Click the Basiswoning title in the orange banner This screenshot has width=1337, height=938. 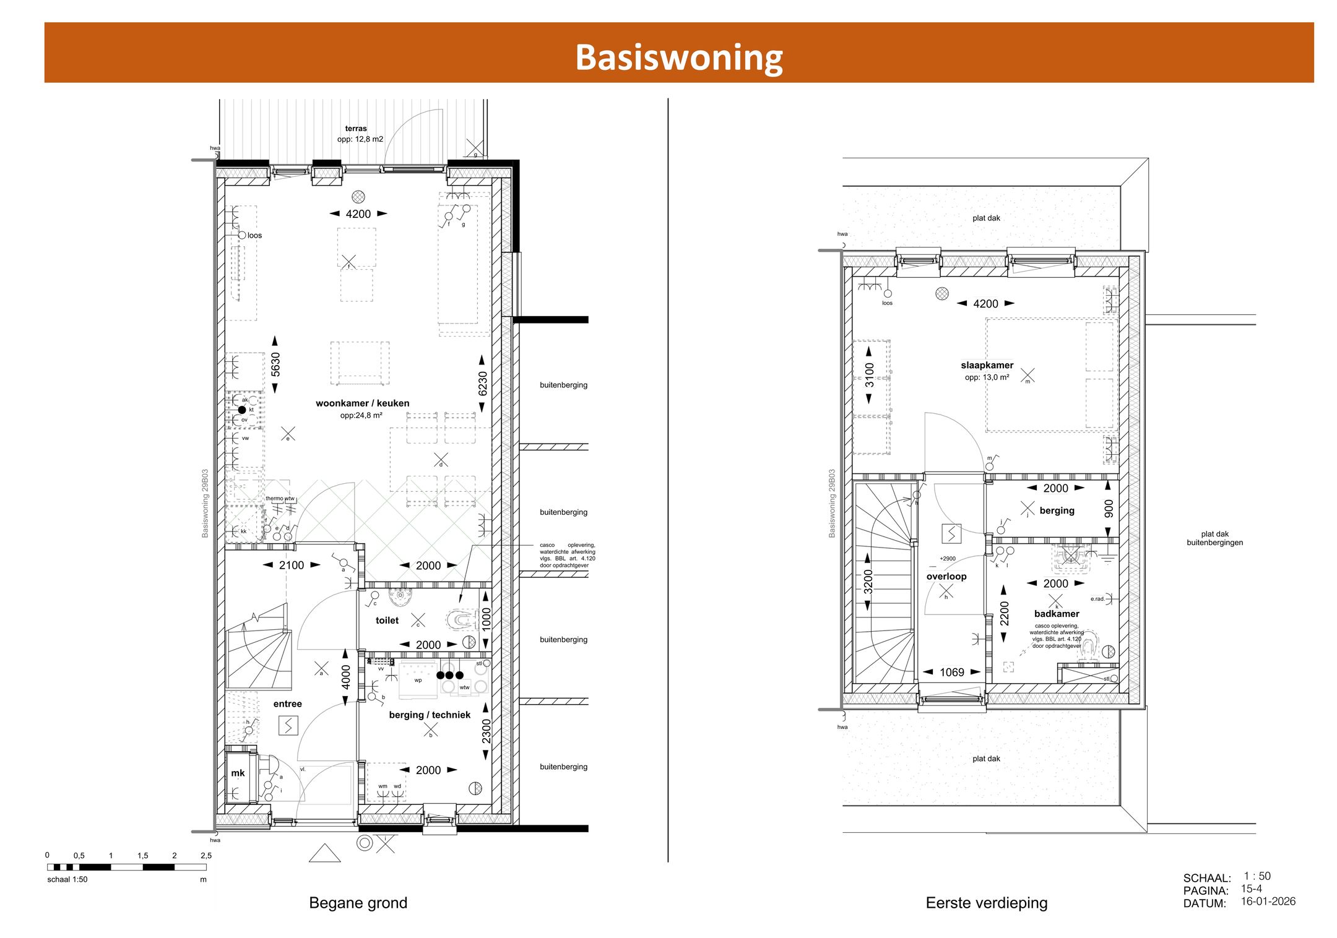(679, 57)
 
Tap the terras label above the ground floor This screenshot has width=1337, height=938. (356, 129)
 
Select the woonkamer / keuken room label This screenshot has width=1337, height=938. (362, 403)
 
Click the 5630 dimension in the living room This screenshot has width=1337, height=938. (275, 364)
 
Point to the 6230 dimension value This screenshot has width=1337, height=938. (483, 384)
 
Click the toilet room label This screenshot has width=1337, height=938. (387, 621)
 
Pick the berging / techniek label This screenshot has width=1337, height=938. (430, 715)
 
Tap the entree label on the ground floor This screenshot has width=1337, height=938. (287, 704)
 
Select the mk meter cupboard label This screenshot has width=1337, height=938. (238, 773)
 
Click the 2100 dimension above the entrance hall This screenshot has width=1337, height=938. (291, 566)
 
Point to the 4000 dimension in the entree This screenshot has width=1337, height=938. (346, 677)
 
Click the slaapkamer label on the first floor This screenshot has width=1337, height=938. (987, 366)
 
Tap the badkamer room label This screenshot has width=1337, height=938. (1057, 614)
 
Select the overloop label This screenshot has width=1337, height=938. (946, 577)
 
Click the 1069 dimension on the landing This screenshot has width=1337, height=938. (952, 673)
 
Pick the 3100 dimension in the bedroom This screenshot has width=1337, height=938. (870, 375)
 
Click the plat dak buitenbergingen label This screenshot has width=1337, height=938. (1214, 538)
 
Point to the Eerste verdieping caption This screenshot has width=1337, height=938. (987, 903)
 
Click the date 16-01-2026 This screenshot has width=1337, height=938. (1268, 901)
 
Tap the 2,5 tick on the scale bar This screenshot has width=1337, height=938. (206, 856)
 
